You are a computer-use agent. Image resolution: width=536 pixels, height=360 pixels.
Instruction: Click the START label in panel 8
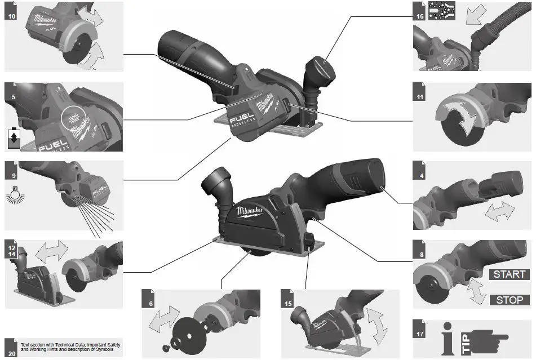coord(509,274)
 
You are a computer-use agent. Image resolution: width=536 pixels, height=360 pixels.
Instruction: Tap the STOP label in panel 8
coord(509,300)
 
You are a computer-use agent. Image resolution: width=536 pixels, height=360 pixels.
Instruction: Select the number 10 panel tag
coord(11,15)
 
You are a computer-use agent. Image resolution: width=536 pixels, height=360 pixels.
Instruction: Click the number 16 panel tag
coord(419,15)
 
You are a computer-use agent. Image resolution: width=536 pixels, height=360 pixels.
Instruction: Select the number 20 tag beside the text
coord(11,344)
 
